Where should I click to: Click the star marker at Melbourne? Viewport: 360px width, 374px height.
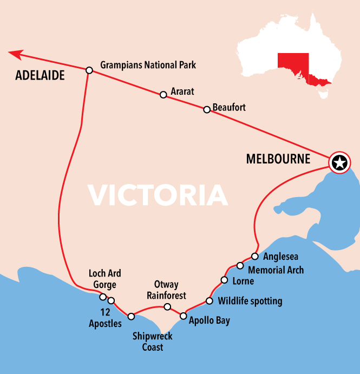[x=339, y=162]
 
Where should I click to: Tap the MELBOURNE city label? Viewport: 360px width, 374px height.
[x=278, y=159]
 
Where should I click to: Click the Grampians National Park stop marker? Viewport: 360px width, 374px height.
[x=89, y=70]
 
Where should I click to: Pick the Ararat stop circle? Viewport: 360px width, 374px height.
[x=163, y=95]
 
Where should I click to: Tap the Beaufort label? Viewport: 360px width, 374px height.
[x=229, y=107]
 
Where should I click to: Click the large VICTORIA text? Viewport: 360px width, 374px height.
[x=158, y=195]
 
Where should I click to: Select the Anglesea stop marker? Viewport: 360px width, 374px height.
[x=254, y=256]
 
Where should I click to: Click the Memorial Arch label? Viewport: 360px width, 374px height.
[x=276, y=270]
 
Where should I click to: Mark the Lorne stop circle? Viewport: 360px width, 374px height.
[x=224, y=280]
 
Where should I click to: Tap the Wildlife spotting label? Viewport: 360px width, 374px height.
[x=250, y=301]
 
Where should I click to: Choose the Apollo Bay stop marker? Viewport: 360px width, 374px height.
[x=184, y=316]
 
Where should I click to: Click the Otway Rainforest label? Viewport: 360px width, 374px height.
[x=166, y=290]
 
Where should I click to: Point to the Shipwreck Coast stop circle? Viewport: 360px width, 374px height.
[x=131, y=316]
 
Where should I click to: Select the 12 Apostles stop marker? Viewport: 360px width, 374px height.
[x=111, y=300]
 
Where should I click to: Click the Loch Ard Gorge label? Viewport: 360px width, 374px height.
[x=104, y=279]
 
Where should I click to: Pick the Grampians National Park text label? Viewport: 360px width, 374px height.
[x=148, y=65]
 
